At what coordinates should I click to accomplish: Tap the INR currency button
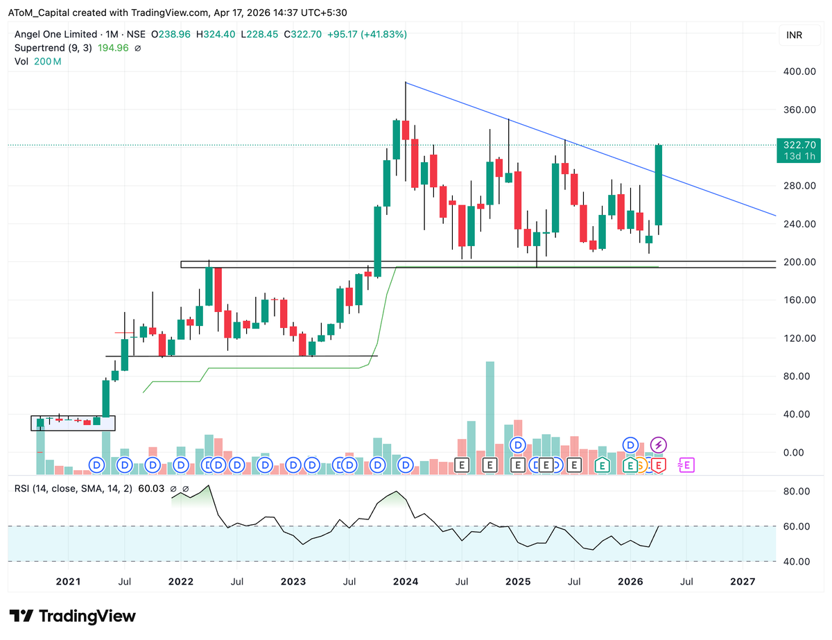[795, 35]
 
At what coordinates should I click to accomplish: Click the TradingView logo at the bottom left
[73, 616]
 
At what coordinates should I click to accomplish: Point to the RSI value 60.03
[151, 489]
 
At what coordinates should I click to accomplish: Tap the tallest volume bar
[489, 416]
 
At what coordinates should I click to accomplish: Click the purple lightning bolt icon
[659, 444]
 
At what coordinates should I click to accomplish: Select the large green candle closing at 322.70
[659, 184]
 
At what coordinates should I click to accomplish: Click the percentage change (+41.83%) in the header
[381, 34]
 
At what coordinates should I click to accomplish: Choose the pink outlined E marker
[686, 465]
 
